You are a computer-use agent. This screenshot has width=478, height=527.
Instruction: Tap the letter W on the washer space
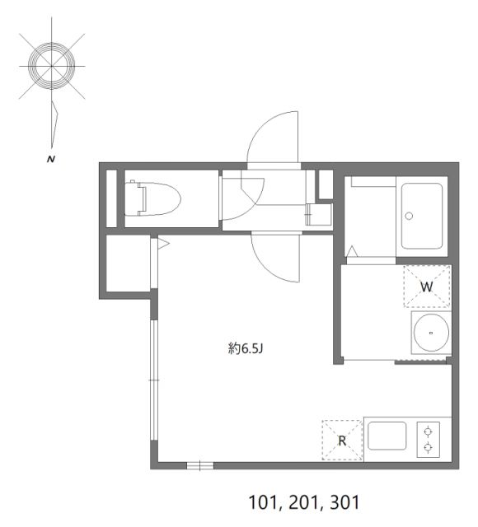click(x=427, y=287)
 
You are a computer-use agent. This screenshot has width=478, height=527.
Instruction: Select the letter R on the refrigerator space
click(x=342, y=441)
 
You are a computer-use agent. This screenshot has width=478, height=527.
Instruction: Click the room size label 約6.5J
click(x=246, y=349)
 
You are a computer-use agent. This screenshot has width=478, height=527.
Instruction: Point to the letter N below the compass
click(x=51, y=159)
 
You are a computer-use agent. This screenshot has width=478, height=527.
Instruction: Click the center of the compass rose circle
click(x=52, y=66)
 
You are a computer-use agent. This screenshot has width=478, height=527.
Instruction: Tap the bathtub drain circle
click(x=409, y=216)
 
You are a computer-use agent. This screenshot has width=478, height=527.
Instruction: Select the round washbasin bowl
click(x=431, y=333)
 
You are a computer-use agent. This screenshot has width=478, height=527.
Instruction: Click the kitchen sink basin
click(x=387, y=436)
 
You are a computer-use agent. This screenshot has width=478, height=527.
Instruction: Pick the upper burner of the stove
click(x=428, y=431)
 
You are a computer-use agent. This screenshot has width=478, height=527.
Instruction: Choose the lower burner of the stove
click(x=428, y=447)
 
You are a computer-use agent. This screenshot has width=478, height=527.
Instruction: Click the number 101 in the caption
click(x=261, y=502)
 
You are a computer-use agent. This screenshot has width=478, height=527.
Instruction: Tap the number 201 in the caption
click(x=302, y=502)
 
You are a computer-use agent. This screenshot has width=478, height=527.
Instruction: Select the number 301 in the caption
click(x=345, y=502)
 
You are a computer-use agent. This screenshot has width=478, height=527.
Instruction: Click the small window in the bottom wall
click(x=200, y=465)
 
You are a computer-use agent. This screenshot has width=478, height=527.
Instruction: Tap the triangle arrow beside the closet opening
click(x=163, y=244)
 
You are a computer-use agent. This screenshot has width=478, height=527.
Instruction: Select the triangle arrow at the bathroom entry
click(x=352, y=251)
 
